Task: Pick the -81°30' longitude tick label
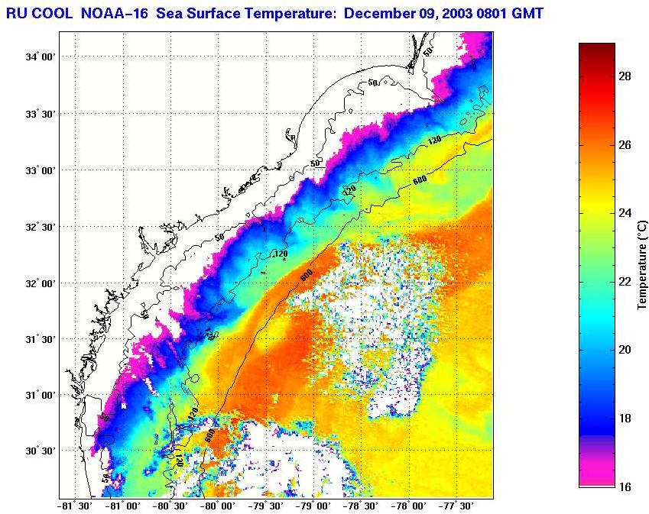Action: point(75,505)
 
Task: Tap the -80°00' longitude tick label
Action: point(217,505)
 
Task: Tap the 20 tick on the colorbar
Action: point(624,350)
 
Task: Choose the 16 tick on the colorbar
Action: point(624,487)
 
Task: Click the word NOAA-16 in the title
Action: point(109,13)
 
